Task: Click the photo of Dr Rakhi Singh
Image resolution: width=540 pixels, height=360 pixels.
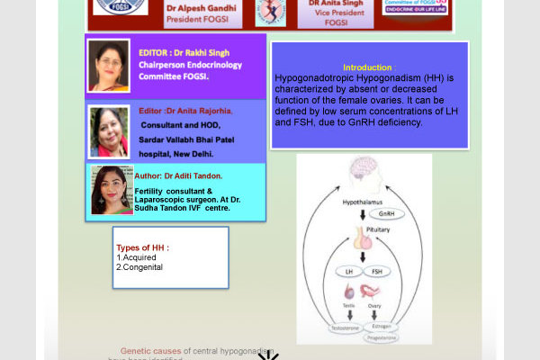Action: point(109,66)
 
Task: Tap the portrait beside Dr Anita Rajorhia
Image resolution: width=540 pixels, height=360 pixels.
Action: point(109,131)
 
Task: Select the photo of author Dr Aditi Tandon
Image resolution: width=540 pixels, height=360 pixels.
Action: point(112,190)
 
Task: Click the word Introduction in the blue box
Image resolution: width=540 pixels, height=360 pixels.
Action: point(366,67)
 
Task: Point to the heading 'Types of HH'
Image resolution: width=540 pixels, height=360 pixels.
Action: point(142,247)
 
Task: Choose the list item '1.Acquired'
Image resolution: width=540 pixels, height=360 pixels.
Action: point(136,257)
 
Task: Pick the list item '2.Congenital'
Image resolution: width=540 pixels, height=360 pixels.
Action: point(139,267)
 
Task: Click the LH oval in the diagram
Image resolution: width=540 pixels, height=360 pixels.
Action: point(349,270)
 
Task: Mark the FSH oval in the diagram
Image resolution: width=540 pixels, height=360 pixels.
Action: point(376,270)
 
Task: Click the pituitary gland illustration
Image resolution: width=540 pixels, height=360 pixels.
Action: point(362,238)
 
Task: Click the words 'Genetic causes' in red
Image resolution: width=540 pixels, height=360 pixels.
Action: point(150,350)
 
